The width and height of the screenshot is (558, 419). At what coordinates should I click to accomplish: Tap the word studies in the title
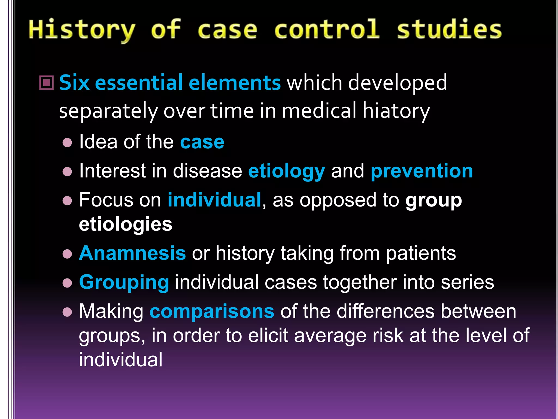(x=449, y=29)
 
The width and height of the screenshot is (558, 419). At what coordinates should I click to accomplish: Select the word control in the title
(x=326, y=29)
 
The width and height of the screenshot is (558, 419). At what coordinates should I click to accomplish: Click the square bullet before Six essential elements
(x=47, y=82)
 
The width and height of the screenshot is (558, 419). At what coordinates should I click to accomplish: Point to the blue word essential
(x=139, y=83)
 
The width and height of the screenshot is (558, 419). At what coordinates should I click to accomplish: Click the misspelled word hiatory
(x=396, y=111)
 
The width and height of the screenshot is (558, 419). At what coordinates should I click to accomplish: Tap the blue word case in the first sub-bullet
(x=202, y=142)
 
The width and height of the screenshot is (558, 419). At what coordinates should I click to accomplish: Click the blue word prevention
(x=421, y=171)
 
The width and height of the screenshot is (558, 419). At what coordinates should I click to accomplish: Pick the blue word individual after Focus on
(x=214, y=200)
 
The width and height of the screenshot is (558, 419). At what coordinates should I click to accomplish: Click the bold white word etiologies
(x=126, y=224)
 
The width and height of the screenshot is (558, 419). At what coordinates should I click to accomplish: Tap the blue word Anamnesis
(x=132, y=253)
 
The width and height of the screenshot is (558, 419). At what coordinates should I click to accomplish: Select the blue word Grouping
(x=124, y=282)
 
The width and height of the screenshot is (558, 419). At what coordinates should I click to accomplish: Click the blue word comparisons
(x=212, y=311)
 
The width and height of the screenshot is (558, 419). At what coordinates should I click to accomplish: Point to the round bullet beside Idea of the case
(x=67, y=143)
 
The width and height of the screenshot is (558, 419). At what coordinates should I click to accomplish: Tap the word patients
(x=421, y=253)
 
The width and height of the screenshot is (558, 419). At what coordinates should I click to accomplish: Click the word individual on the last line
(x=121, y=359)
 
